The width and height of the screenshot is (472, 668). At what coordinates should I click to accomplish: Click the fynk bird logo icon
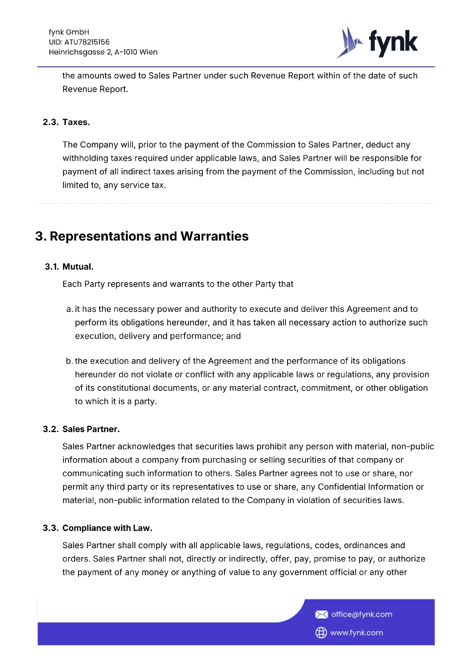(x=349, y=43)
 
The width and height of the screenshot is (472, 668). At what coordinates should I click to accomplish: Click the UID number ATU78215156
(x=87, y=42)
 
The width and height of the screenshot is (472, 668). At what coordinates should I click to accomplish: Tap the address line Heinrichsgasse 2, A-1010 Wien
(x=103, y=52)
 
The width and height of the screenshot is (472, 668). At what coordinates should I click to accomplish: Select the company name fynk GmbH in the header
(x=69, y=32)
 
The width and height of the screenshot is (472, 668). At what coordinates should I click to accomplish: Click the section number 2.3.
(x=50, y=122)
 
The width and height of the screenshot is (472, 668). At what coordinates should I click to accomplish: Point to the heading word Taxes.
(x=76, y=122)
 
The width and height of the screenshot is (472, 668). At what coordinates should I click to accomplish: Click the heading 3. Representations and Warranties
(x=142, y=236)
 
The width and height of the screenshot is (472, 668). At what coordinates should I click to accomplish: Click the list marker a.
(x=69, y=309)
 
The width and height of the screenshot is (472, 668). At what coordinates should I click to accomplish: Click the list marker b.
(x=69, y=361)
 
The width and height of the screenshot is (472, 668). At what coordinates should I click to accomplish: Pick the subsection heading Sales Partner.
(x=91, y=429)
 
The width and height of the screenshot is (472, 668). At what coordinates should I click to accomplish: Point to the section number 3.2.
(x=50, y=429)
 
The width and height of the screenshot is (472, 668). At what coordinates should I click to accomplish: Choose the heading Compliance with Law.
(x=107, y=528)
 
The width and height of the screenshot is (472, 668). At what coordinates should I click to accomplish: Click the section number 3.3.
(x=50, y=528)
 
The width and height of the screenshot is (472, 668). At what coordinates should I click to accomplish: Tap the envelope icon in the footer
(x=321, y=615)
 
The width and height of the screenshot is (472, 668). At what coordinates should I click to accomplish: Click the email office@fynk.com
(x=361, y=615)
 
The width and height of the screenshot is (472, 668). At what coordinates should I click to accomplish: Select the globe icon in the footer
(x=321, y=633)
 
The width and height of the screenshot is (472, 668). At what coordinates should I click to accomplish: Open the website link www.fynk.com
(x=356, y=633)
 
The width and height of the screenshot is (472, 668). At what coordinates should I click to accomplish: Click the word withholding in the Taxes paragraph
(x=85, y=158)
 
